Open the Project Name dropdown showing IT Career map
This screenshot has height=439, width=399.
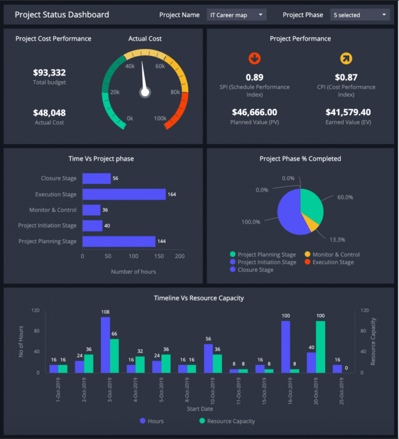point(236,15)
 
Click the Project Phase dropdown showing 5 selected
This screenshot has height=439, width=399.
point(360,15)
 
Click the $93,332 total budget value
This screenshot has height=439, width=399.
point(49,73)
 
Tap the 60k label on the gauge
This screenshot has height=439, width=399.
point(160,66)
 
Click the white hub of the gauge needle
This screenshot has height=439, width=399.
point(145,92)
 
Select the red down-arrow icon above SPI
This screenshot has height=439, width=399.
point(255,58)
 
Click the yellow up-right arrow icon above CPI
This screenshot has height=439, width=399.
point(346,58)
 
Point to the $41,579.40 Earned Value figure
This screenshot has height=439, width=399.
point(348,112)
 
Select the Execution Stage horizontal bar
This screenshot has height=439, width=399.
point(124,194)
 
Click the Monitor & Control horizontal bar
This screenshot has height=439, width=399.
point(91,210)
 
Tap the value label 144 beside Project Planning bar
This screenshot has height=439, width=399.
point(162,242)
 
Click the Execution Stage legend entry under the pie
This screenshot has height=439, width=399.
point(332,262)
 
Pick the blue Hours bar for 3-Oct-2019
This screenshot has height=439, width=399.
point(105,344)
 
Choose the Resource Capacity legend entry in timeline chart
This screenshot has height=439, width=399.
point(227,421)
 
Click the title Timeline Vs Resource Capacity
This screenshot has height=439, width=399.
point(199,298)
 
